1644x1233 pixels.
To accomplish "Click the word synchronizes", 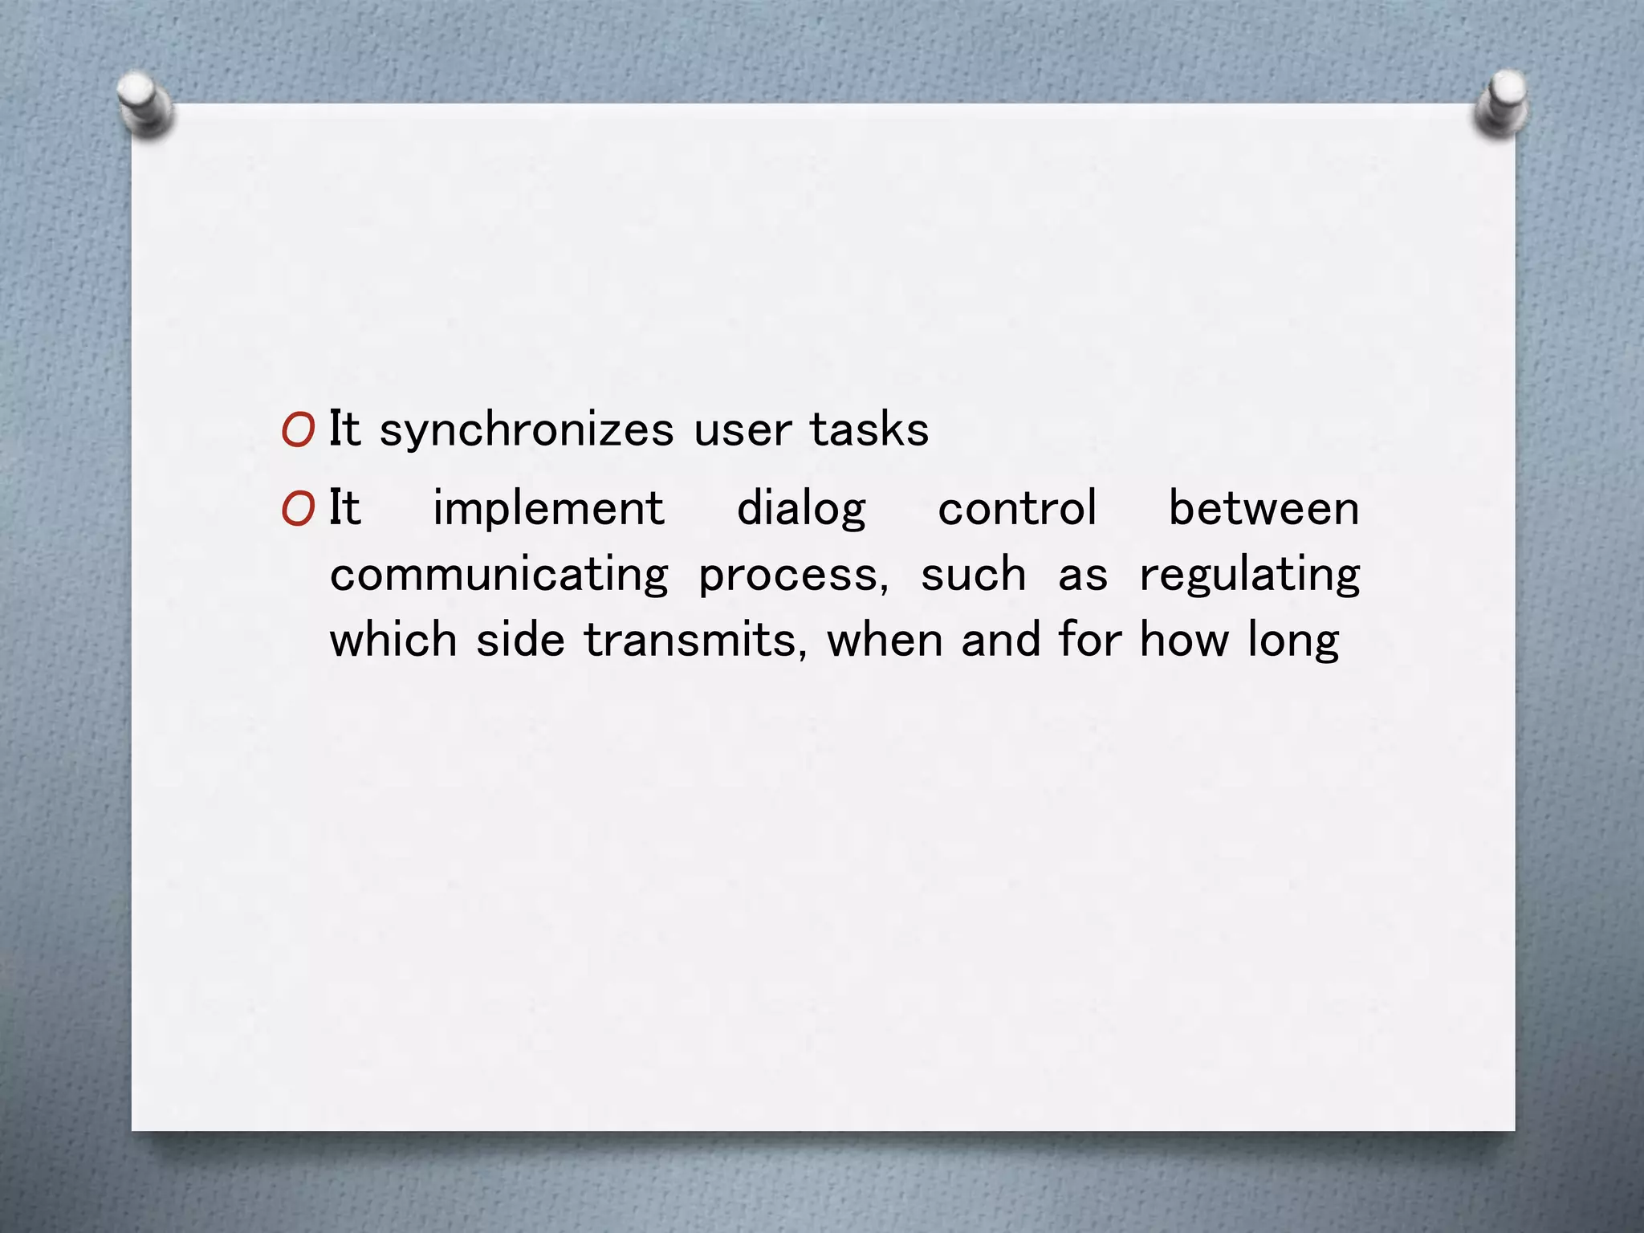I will [x=526, y=430].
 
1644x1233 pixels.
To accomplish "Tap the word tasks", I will [x=869, y=429].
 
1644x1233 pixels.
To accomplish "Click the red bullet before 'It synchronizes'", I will [x=298, y=430].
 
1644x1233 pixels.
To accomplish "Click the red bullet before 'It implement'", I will [x=298, y=509].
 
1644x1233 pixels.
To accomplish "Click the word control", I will [x=1017, y=509].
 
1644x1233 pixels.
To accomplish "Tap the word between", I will [x=1264, y=509].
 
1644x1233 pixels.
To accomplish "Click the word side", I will [x=520, y=641].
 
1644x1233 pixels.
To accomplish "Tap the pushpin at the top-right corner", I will [x=1500, y=103].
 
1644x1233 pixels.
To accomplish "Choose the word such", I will [x=973, y=575].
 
